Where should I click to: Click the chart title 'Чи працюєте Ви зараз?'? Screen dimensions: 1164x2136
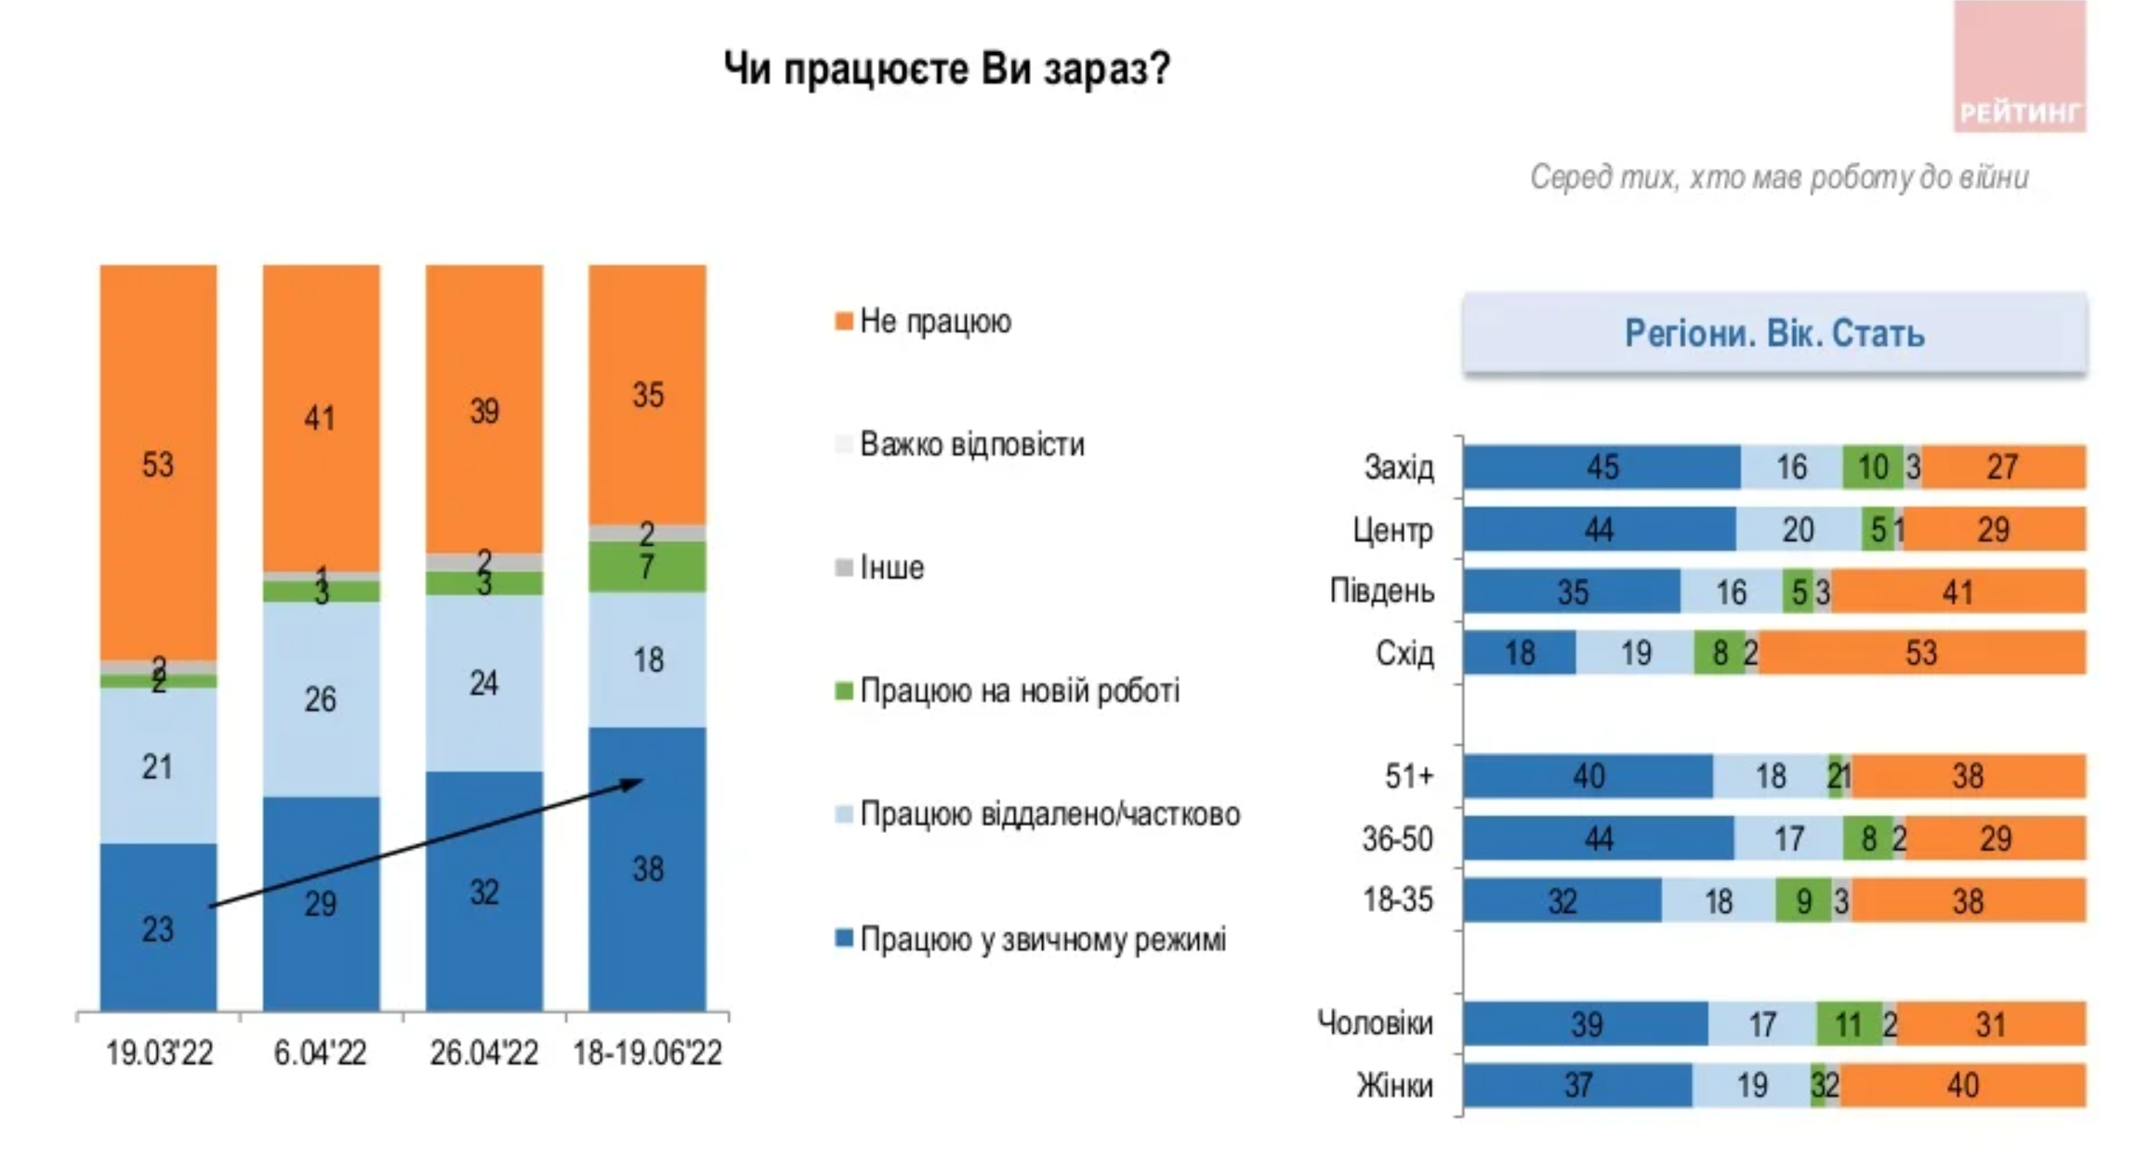pyautogui.click(x=946, y=70)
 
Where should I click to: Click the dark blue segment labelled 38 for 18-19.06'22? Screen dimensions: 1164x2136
pyautogui.click(x=647, y=868)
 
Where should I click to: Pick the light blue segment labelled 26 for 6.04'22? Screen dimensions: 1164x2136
pyautogui.click(x=321, y=698)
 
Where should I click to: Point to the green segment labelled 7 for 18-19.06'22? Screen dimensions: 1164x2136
pyautogui.click(x=647, y=567)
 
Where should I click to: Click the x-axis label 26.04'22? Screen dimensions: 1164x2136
pyautogui.click(x=483, y=1053)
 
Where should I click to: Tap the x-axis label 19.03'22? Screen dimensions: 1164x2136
pyautogui.click(x=159, y=1053)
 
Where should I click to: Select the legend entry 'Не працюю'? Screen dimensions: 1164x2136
pyautogui.click(x=933, y=322)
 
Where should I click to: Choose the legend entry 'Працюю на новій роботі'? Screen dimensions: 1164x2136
pyautogui.click(x=1018, y=691)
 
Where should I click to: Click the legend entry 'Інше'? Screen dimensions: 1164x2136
pyautogui.click(x=890, y=567)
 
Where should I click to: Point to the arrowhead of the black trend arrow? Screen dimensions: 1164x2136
pyautogui.click(x=636, y=783)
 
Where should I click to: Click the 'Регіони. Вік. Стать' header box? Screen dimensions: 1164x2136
pyautogui.click(x=1773, y=333)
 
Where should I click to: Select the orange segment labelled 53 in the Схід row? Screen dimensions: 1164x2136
pyautogui.click(x=1920, y=653)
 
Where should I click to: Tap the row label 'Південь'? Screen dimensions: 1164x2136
pyautogui.click(x=1381, y=591)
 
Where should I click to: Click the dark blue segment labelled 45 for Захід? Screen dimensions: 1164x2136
pyautogui.click(x=1602, y=467)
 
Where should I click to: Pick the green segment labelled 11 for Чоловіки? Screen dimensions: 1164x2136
pyautogui.click(x=1849, y=1025)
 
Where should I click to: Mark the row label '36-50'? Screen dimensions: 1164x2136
pyautogui.click(x=1397, y=840)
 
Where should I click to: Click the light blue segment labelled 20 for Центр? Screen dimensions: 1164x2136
pyautogui.click(x=1798, y=530)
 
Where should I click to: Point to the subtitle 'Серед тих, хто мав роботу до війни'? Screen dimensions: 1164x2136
pyautogui.click(x=1778, y=177)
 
